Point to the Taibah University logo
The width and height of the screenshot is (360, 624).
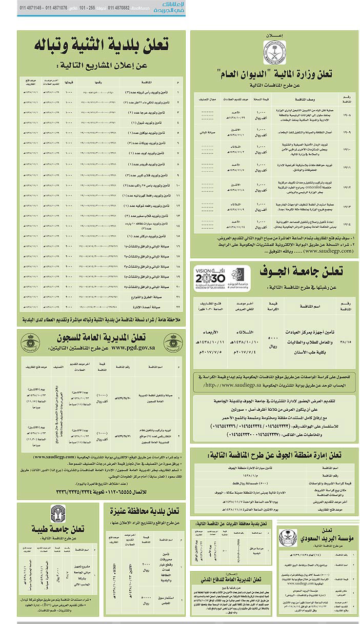point(58,514)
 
